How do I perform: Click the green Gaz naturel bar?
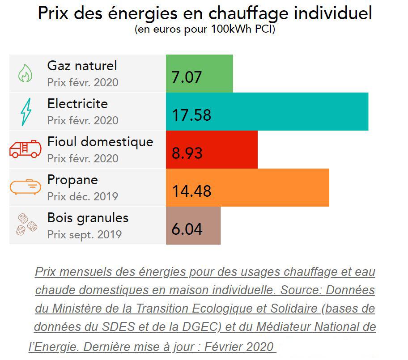point(200,73)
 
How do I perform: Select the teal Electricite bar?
point(267,111)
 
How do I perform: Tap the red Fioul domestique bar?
point(212,149)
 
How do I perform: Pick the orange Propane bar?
point(247,187)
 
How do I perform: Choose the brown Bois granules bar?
point(193,225)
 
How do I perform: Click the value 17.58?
point(191,115)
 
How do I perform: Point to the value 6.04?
point(187,229)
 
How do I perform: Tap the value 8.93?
point(187,153)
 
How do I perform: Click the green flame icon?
point(25,73)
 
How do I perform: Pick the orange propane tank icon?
point(25,186)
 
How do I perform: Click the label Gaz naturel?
point(82,66)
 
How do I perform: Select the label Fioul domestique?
point(100,142)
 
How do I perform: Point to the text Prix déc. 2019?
point(83,196)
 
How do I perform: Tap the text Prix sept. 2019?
point(85,234)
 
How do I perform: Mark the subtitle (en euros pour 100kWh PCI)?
point(204,30)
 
